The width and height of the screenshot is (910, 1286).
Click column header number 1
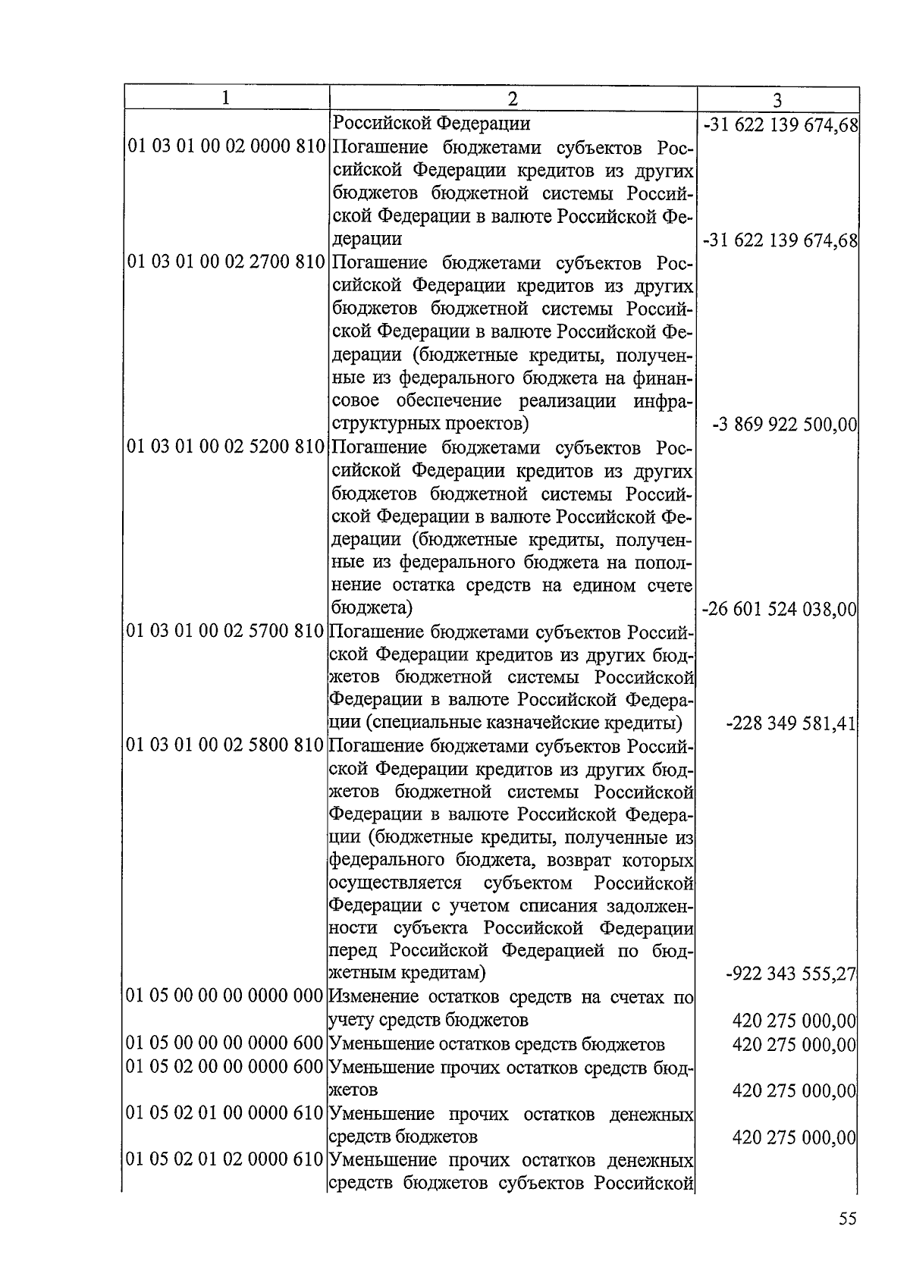pos(225,98)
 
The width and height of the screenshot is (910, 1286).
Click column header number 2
pos(513,99)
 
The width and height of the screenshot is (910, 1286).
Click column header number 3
pos(777,100)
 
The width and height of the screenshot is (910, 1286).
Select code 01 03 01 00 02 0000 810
pos(226,146)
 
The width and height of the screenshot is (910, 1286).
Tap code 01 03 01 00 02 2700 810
pos(226,263)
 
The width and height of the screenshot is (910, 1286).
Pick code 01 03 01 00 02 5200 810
pos(226,447)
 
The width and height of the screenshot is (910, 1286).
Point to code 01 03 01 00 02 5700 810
pos(226,631)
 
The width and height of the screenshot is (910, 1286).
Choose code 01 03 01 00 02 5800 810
pos(226,745)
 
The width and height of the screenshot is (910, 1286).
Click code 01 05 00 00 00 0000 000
pos(226,997)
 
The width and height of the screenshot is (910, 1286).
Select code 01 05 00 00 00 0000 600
pos(226,1043)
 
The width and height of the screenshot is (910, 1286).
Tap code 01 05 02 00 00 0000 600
pos(226,1067)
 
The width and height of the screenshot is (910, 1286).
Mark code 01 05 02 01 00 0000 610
pos(226,1113)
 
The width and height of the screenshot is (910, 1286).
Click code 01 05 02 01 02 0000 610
pos(226,1159)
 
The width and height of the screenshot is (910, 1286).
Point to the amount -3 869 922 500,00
pos(785,425)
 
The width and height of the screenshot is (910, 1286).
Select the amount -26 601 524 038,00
pos(780,608)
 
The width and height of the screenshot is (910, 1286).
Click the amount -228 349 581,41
pos(791,723)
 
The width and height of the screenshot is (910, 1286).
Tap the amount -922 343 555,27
pos(791,974)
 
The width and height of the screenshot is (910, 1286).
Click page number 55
pos(847,1219)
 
